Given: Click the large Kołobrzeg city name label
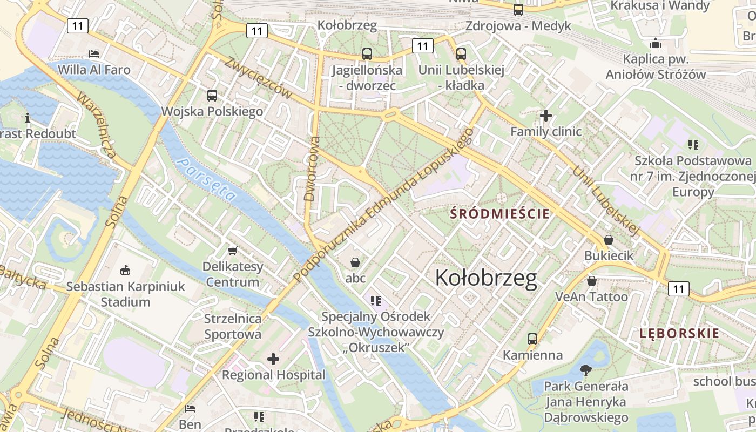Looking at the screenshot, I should [485, 278].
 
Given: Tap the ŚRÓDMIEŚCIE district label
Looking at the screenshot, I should [500, 214].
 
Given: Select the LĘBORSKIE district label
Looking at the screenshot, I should [679, 333].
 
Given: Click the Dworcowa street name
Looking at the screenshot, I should [312, 168].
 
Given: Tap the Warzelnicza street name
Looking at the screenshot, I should [97, 125].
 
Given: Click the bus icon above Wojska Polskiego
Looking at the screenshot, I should [212, 96].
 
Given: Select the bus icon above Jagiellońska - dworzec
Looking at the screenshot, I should [367, 53].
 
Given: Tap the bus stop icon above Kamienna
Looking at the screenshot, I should [532, 339].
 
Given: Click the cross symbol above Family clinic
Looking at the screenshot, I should [546, 115].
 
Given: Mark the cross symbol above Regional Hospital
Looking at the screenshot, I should [273, 359].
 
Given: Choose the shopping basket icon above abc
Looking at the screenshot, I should [355, 262].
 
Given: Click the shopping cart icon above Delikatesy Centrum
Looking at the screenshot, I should [233, 251].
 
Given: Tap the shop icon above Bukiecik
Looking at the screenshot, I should [609, 239].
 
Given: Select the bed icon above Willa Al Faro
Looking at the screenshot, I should [94, 53].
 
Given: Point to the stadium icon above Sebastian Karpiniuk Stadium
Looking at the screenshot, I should [125, 269].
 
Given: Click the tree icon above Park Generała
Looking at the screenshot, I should [585, 370].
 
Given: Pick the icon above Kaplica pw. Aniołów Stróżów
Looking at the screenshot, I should [656, 43].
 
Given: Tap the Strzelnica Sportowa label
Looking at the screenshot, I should [233, 326].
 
